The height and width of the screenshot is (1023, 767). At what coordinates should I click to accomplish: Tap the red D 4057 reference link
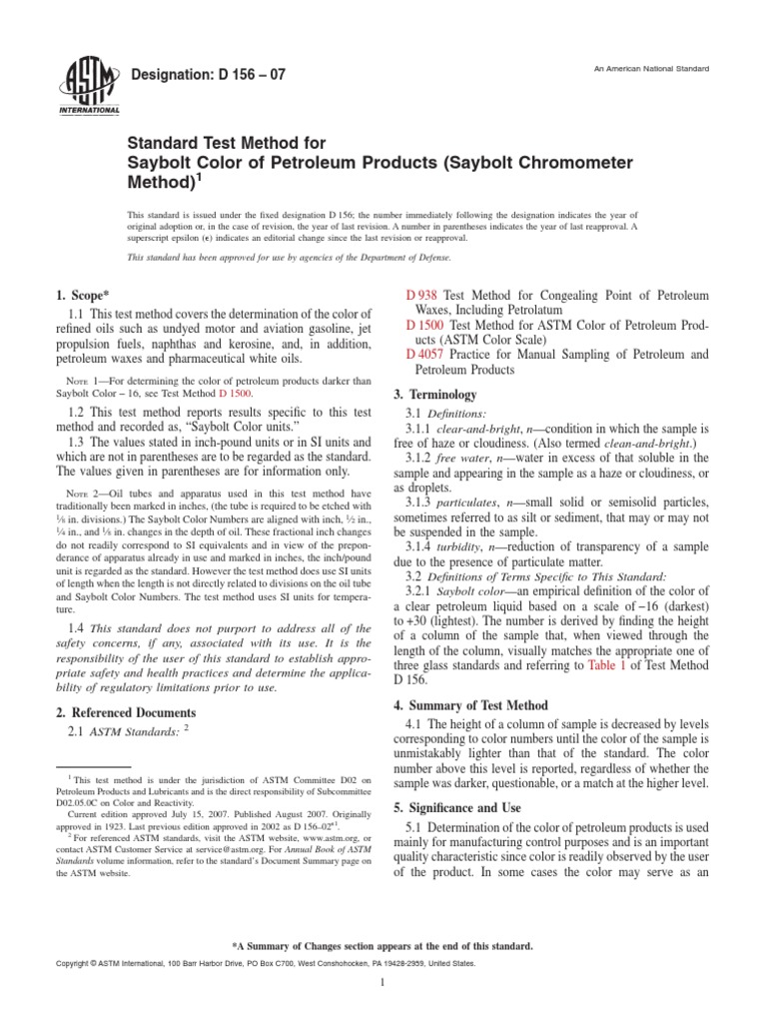click(x=425, y=355)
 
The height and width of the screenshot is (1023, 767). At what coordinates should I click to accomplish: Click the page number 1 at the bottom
click(x=383, y=983)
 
